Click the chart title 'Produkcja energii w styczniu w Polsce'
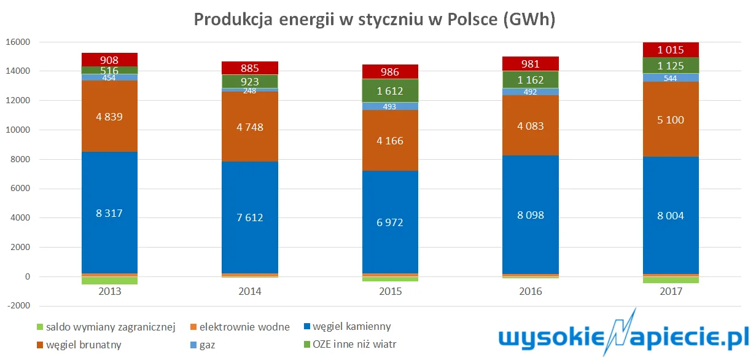coord(375,20)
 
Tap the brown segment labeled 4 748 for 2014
coord(250,127)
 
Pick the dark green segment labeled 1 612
coord(390,90)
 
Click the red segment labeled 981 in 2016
coord(531,63)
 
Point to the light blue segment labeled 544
coord(671,77)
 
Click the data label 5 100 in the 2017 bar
coord(671,120)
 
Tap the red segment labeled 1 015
coord(671,50)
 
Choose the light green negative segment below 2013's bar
coord(109,281)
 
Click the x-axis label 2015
coord(390,292)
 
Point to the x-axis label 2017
coord(671,292)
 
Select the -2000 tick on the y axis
coord(17,307)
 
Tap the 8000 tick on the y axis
coord(20,160)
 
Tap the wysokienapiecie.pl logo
coord(623,337)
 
